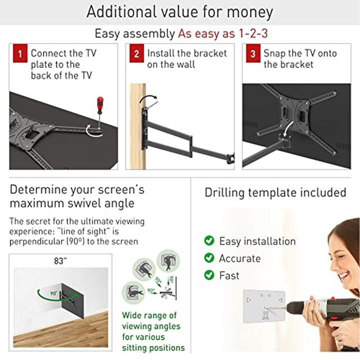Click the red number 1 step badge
(20, 53)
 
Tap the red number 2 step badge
(136, 53)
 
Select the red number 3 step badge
(253, 53)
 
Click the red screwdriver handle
(100, 105)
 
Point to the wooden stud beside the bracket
(138, 126)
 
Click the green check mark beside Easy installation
(209, 240)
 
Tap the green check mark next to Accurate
(209, 257)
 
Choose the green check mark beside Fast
(209, 275)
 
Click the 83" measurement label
(60, 261)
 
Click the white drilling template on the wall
(264, 306)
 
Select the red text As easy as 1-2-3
(223, 33)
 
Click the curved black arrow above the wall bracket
(148, 98)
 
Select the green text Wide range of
(149, 315)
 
